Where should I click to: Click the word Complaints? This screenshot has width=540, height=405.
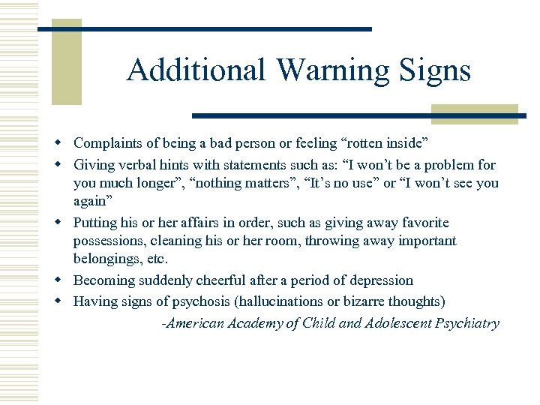pos(106,142)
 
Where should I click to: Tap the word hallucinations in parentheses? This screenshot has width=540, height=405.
pos(286,302)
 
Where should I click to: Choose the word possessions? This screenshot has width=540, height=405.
pos(109,241)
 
